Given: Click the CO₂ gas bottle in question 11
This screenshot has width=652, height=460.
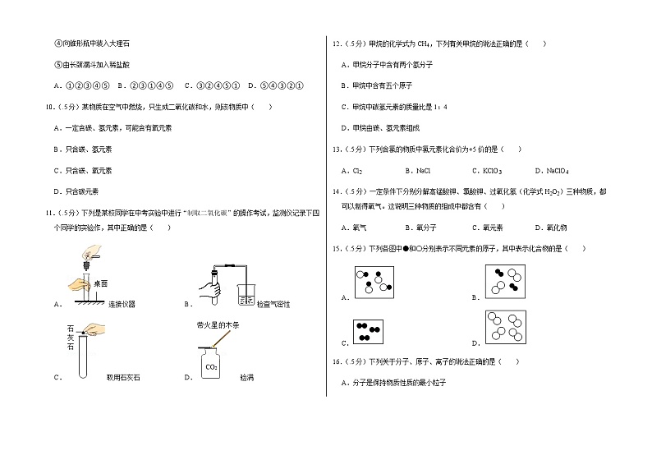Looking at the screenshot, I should [x=213, y=363].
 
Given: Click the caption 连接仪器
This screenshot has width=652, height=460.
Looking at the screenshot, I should [x=122, y=304].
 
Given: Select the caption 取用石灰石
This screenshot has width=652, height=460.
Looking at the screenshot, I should [x=124, y=378].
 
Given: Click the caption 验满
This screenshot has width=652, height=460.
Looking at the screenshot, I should [x=246, y=378].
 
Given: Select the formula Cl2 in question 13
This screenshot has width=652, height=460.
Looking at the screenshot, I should [x=357, y=171].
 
